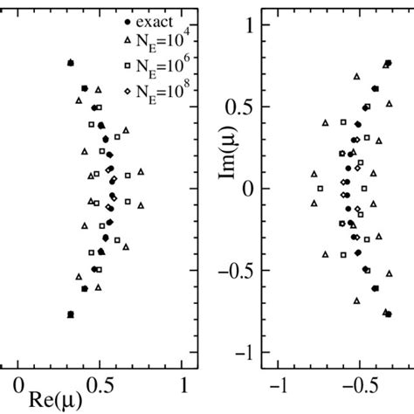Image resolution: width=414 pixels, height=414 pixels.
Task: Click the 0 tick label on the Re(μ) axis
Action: (17, 384)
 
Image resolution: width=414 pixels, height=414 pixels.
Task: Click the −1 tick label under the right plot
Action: (279, 384)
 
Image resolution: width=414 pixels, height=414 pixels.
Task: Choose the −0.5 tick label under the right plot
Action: (355, 384)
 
